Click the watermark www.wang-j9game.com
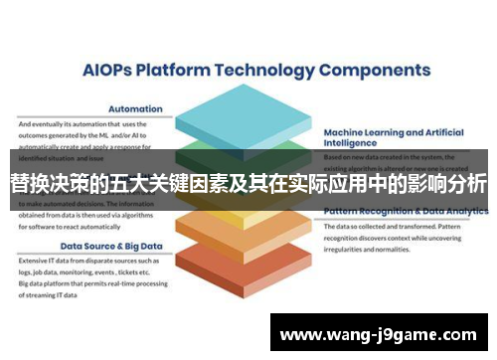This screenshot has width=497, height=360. [382, 334]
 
